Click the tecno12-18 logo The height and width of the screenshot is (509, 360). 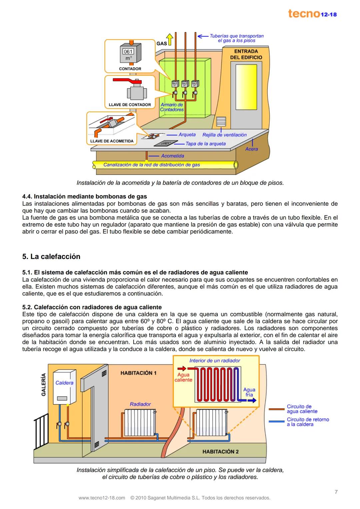[312, 14]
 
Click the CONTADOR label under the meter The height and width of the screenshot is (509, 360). [130, 69]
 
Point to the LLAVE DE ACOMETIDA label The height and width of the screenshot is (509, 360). [112, 141]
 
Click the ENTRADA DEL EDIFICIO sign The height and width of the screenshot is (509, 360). [246, 54]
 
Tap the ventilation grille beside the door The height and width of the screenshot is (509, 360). [221, 122]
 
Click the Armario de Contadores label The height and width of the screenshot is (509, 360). [172, 107]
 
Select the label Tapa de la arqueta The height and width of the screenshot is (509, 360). [205, 144]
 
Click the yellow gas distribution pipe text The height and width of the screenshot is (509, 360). [152, 165]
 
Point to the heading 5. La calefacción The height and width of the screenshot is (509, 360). [51, 256]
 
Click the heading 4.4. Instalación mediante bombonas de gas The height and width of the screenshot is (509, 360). [84, 196]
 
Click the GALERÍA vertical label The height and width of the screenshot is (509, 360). [43, 384]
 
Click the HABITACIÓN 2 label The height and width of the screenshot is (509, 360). [220, 452]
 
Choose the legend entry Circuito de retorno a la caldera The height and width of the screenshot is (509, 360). [307, 422]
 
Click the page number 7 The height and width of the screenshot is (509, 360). [336, 492]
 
